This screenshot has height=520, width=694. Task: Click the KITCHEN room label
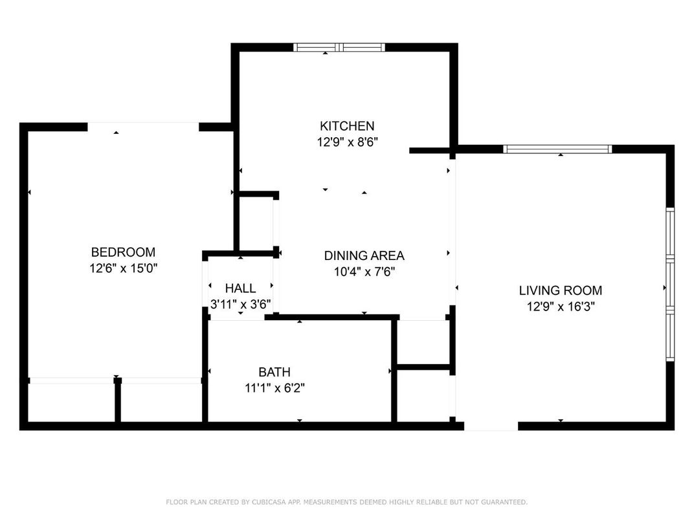[x=347, y=126]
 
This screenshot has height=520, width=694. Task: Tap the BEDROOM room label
[x=123, y=252]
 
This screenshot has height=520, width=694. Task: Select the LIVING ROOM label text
[x=560, y=291]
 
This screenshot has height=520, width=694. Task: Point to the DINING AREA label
[x=364, y=256]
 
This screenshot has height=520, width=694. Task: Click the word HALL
[x=240, y=288]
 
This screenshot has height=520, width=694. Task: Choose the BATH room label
[x=274, y=373]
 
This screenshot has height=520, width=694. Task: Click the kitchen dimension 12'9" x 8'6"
[x=347, y=142]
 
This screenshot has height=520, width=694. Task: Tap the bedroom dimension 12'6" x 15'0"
[x=123, y=268]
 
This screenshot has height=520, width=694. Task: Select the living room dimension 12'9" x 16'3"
[x=560, y=307]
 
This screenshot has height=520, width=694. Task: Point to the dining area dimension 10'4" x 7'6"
[x=364, y=272]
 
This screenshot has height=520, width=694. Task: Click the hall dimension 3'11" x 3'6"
[x=240, y=304]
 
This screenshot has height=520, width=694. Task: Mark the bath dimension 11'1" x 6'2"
[x=274, y=388]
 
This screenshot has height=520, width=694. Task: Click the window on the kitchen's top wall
[x=339, y=47]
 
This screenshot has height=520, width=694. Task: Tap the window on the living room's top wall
[x=557, y=149]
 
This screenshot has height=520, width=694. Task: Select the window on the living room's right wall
[x=670, y=285]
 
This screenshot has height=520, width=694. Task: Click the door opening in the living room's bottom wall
[x=491, y=426]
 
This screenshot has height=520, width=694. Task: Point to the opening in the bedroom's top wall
[x=143, y=127]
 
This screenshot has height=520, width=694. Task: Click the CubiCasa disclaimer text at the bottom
[x=346, y=502]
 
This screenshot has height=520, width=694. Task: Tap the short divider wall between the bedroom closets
[x=118, y=401]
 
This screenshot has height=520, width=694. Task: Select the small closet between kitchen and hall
[x=256, y=223]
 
